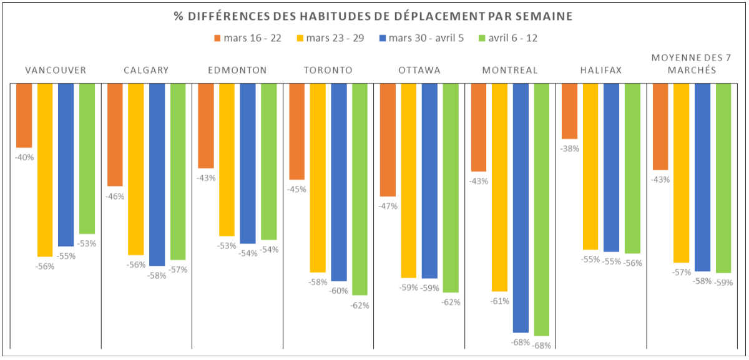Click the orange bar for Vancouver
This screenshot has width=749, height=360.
[24, 115]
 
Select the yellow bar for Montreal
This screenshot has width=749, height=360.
[499, 187]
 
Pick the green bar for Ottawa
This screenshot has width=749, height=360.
[451, 187]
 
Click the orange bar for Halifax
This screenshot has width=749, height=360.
[569, 111]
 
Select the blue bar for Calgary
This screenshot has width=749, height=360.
[157, 175]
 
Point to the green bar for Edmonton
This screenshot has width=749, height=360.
[269, 162]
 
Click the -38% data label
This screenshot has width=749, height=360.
[570, 149]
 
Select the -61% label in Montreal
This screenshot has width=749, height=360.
[499, 301]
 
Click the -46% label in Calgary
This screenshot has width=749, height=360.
[115, 197]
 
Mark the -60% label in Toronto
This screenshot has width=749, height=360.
[339, 291]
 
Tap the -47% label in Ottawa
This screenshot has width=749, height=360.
[388, 207]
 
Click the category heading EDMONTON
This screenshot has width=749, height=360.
[237, 70]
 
